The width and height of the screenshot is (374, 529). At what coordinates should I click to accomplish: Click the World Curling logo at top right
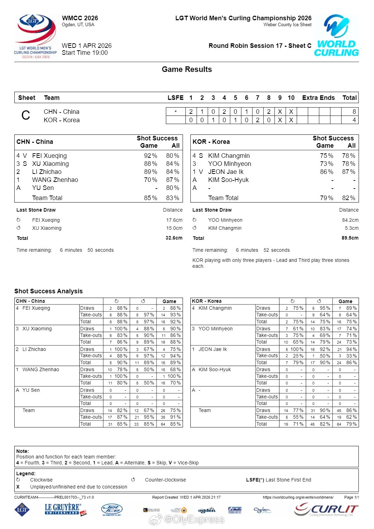pyautogui.click(x=336, y=35)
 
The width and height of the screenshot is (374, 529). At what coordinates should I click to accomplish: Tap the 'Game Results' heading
pyautogui.click(x=187, y=69)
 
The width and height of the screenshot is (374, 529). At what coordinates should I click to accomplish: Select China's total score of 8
pyautogui.click(x=354, y=112)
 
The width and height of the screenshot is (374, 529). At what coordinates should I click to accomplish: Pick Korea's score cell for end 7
pyautogui.click(x=257, y=120)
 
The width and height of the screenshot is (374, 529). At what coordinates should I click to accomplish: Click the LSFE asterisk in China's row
pyautogui.click(x=176, y=112)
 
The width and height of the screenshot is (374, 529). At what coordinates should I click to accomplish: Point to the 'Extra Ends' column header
pyautogui.click(x=318, y=98)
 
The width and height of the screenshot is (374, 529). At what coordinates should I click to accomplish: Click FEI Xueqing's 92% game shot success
pyautogui.click(x=151, y=156)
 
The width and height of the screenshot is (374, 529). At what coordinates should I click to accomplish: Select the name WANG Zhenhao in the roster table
pyautogui.click(x=55, y=180)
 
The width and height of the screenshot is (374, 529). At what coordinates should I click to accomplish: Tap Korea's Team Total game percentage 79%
pyautogui.click(x=327, y=198)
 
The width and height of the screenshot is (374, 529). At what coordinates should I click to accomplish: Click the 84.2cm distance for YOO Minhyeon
pyautogui.click(x=350, y=220)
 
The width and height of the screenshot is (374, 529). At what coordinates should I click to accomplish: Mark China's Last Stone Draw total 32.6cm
pyautogui.click(x=174, y=238)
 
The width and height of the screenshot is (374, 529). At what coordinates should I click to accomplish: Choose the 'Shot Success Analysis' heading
pyautogui.click(x=49, y=291)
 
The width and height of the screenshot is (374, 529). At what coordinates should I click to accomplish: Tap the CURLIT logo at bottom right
pyautogui.click(x=326, y=509)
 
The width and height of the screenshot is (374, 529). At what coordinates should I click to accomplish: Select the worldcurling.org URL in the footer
pyautogui.click(x=298, y=497)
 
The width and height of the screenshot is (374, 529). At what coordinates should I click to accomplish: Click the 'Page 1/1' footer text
pyautogui.click(x=351, y=497)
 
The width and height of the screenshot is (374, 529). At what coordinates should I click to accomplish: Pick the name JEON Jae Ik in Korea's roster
pyautogui.click(x=226, y=172)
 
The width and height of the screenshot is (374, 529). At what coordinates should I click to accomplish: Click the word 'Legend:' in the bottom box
pyautogui.click(x=26, y=473)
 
